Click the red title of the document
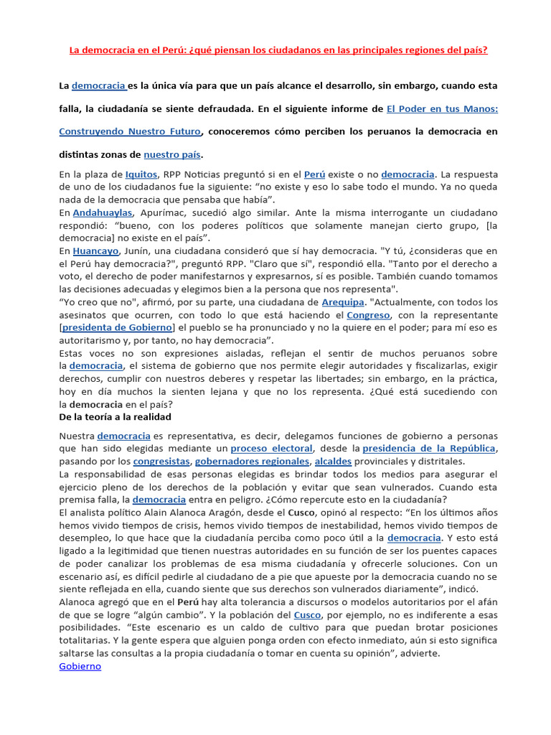tap(278, 50)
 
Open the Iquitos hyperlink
tap(141, 174)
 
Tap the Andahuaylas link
tap(102, 213)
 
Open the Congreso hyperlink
tap(368, 315)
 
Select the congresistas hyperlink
tap(161, 462)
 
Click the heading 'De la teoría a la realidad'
tap(115, 417)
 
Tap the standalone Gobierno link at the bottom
tap(80, 666)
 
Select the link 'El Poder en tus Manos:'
tap(442, 109)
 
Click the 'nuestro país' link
tap(172, 154)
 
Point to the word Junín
tap(143, 251)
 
